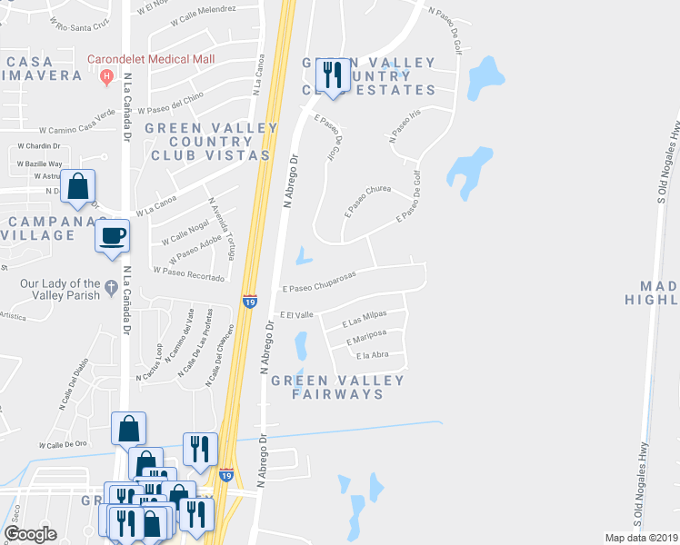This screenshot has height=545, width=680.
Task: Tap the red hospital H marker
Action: [107, 75]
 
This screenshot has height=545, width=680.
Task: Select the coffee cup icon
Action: [113, 236]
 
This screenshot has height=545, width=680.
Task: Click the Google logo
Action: [30, 533]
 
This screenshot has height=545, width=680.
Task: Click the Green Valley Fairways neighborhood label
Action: [339, 387]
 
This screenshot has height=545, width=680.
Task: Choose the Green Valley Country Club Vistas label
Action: [208, 142]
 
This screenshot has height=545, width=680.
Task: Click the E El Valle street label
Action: [298, 314]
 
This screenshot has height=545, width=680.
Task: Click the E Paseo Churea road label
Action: [367, 201]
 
